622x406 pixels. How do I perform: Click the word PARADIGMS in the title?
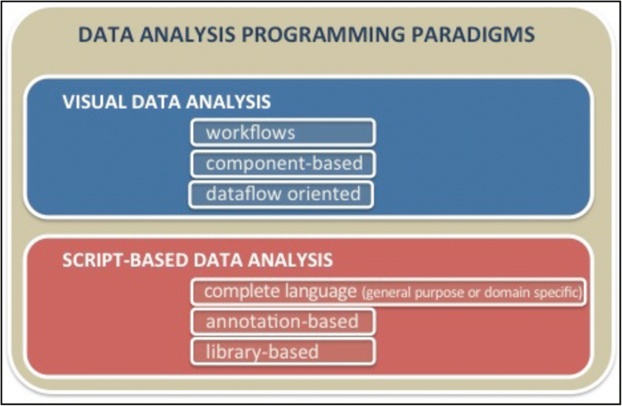(x=473, y=35)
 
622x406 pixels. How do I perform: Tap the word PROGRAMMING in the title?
(x=323, y=35)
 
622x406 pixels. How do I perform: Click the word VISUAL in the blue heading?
(x=94, y=102)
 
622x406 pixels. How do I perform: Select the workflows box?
(x=283, y=133)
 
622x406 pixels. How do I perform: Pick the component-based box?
(x=283, y=164)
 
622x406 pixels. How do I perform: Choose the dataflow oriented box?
(x=281, y=195)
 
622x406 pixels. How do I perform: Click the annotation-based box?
(x=283, y=321)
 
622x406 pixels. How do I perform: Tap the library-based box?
(x=283, y=351)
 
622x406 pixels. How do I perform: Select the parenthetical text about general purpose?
(x=472, y=293)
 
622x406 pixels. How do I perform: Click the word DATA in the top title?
(x=106, y=35)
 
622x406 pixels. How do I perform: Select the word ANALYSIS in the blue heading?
(x=228, y=102)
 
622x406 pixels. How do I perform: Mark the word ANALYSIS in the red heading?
(x=290, y=260)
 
